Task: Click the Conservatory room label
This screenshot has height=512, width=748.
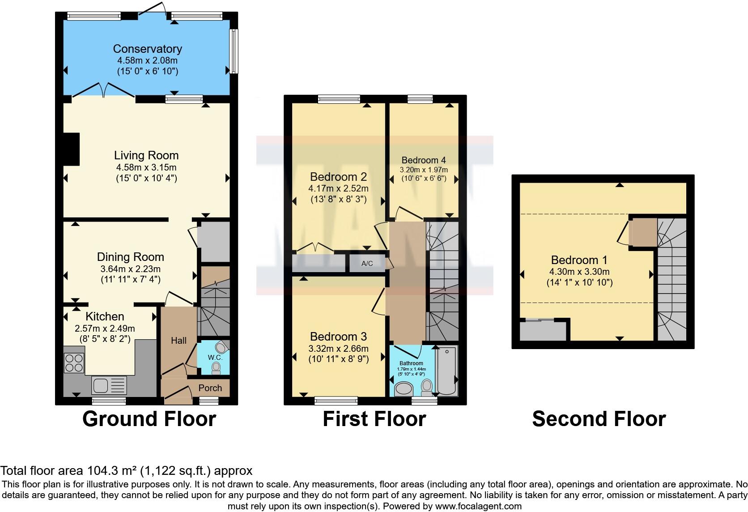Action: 147,49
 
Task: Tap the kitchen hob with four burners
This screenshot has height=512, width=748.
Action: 74,363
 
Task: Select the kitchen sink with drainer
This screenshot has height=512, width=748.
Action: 109,385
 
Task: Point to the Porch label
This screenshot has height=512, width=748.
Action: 210,388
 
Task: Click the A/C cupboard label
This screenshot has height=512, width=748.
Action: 367,263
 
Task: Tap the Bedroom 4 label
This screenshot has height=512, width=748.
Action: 423,160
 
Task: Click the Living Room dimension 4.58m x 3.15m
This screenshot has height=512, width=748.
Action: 146,167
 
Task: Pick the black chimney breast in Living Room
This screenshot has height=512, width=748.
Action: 72,149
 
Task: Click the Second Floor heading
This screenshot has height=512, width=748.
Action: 599,419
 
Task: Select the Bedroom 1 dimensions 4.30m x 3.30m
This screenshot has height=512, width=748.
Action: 579,272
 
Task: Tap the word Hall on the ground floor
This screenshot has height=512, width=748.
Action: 178,341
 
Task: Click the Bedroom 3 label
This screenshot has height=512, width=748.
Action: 338,337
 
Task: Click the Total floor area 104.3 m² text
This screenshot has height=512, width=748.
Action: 126,470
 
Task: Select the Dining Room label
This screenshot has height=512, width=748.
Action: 130,257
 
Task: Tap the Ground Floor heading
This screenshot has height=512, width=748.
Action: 149,419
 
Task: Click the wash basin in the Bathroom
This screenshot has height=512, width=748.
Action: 405,388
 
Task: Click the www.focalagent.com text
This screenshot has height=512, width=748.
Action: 478,506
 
